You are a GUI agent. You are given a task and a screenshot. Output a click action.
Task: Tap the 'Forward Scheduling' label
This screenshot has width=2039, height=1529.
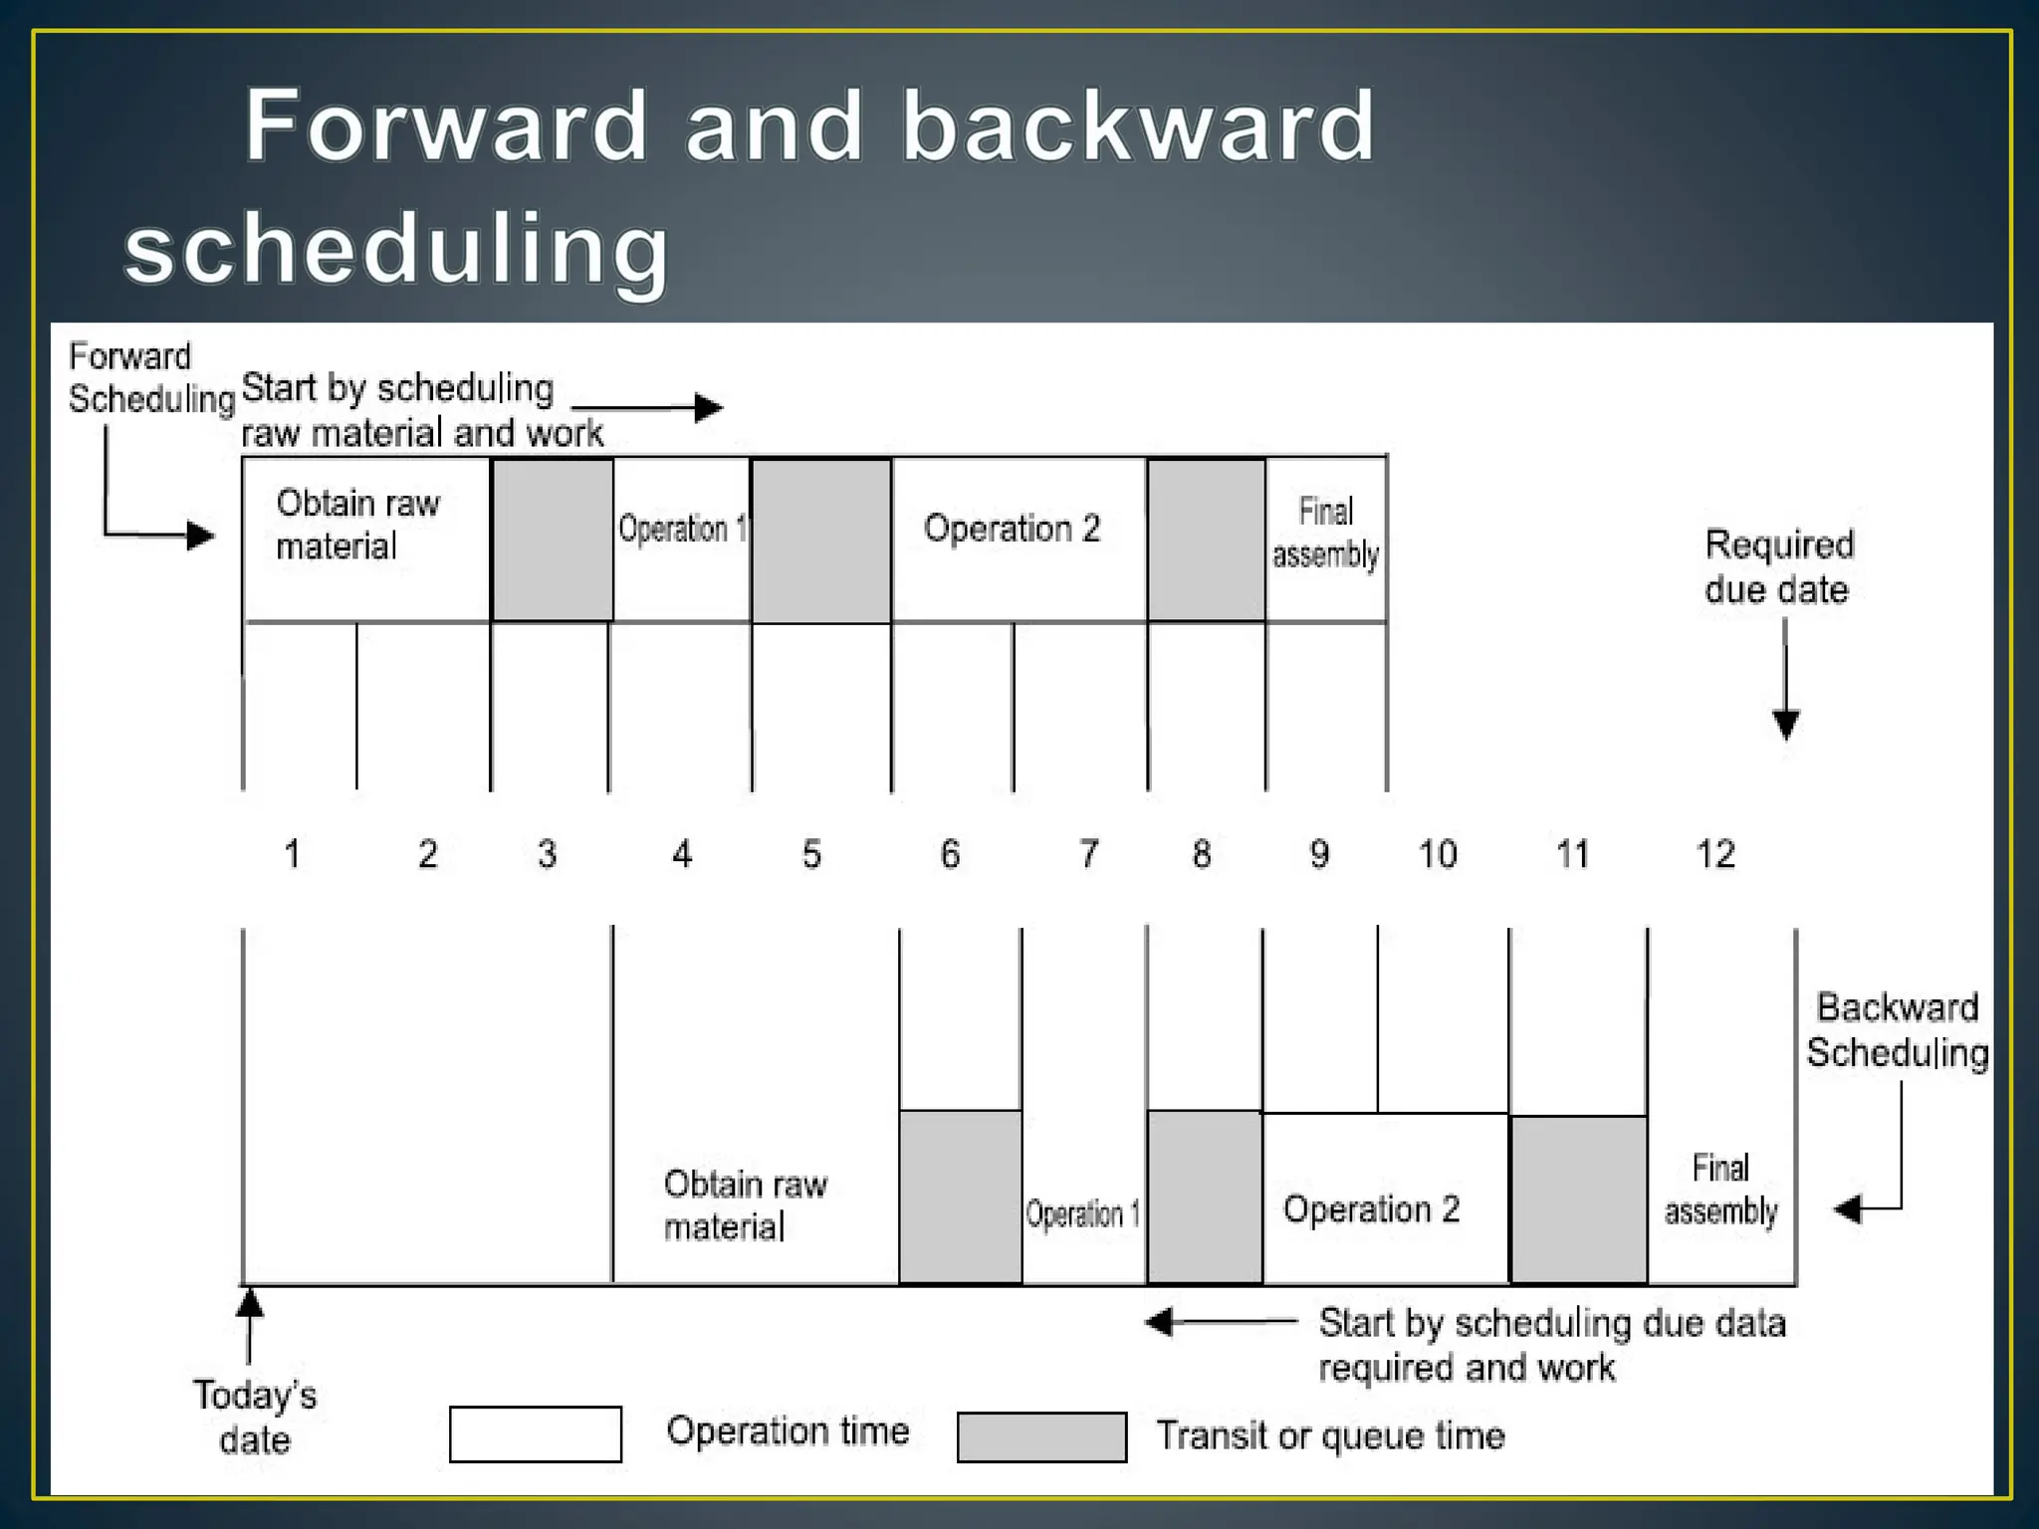[x=149, y=378]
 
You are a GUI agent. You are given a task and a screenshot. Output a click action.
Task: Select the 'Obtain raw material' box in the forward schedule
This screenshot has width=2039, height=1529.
[x=365, y=539]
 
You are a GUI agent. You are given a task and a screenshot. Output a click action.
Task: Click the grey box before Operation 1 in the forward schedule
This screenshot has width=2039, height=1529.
[x=553, y=539]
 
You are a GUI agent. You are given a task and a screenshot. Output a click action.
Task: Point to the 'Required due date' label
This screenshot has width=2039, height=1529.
[x=1778, y=566]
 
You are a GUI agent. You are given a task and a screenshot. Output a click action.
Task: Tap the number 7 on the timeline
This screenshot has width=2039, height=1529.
[x=1088, y=854]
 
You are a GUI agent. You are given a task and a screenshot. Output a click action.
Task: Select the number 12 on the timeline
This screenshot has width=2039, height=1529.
[x=1714, y=854]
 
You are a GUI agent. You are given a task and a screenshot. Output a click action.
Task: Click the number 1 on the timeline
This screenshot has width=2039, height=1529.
[x=292, y=854]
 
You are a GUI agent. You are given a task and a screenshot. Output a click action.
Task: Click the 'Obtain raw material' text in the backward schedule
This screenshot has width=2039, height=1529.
[x=745, y=1204]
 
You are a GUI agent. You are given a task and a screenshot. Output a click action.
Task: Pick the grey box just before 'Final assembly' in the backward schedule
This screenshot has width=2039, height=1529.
[x=1578, y=1200]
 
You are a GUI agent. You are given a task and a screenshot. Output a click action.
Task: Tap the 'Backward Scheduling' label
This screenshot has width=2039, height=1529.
[x=1897, y=1030]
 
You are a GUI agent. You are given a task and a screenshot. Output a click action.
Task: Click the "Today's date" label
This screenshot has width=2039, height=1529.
[x=255, y=1418]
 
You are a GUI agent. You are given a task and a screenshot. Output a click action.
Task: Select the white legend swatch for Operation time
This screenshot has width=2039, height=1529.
[x=536, y=1434]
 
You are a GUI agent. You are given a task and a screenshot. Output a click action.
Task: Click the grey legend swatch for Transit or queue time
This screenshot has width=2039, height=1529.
[x=1041, y=1436]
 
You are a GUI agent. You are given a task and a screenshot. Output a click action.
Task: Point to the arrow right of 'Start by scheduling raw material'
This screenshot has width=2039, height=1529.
[x=647, y=407]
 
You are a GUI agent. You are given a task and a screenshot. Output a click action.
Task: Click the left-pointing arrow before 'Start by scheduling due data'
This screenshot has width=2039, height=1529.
[x=1220, y=1322]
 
